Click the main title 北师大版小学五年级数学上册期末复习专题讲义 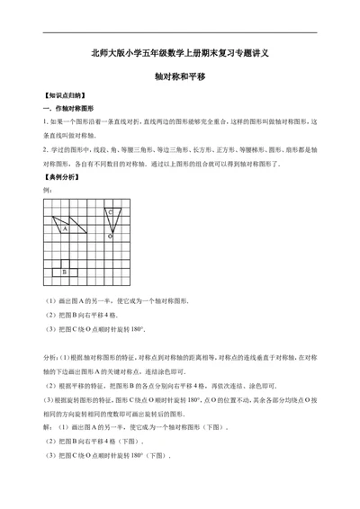click(x=180, y=53)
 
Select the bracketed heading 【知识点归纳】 click(x=62, y=94)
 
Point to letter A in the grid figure click(x=65, y=228)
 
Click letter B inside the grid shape click(x=64, y=271)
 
